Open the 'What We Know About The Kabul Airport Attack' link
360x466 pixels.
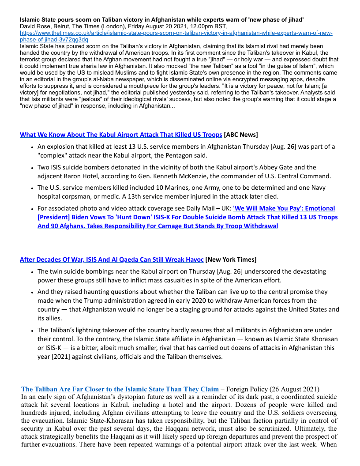[121, 135]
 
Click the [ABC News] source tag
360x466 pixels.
[241, 135]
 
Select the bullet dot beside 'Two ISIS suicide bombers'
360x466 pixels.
[33, 168]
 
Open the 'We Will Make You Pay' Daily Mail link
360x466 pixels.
[187, 217]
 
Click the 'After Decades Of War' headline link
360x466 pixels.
[112, 259]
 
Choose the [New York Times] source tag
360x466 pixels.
[231, 259]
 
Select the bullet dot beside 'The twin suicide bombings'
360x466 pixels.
[33, 272]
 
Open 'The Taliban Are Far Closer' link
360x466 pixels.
[120, 389]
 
